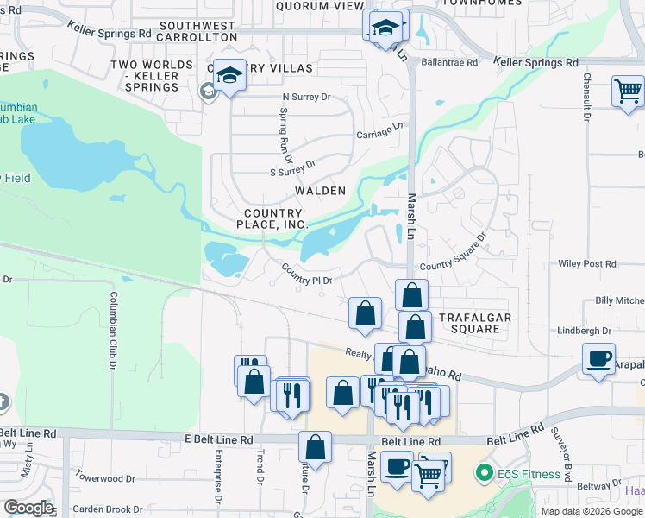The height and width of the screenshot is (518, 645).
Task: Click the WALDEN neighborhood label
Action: (x=320, y=190)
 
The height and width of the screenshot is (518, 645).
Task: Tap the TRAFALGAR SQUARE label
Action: (x=476, y=323)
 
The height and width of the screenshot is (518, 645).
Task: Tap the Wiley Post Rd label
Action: (x=587, y=264)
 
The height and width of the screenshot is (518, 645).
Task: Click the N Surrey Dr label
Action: (x=307, y=97)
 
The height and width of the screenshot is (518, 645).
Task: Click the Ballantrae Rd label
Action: (x=450, y=63)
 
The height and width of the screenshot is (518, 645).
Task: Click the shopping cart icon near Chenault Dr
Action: (x=629, y=90)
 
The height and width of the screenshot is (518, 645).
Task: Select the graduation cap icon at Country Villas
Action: (x=230, y=75)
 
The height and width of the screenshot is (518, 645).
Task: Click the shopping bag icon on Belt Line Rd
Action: (x=315, y=446)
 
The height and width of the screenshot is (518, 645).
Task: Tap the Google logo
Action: (x=28, y=508)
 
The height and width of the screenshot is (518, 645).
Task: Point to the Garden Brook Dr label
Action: (x=108, y=509)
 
